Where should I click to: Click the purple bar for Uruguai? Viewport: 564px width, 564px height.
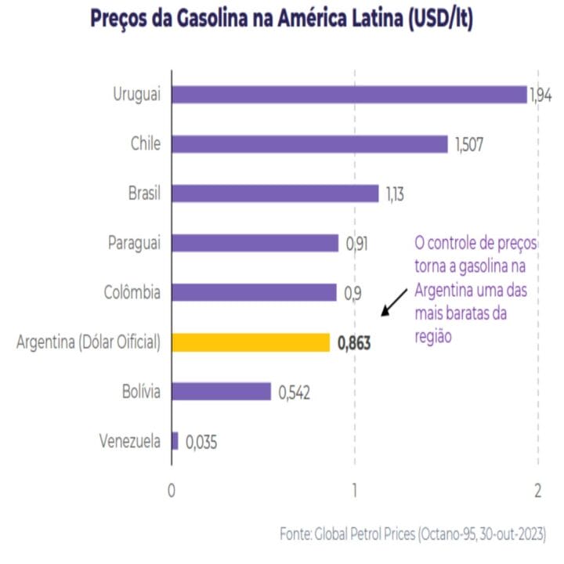point(349,95)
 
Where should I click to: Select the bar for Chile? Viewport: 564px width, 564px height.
point(309,144)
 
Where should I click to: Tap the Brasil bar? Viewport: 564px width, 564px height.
point(275,193)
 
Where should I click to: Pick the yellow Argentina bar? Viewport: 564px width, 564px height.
point(251,342)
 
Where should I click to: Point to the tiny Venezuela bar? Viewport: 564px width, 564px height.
point(175,441)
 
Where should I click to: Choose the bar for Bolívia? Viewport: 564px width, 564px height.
point(221,392)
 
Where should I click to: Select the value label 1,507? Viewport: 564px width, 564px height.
point(470,145)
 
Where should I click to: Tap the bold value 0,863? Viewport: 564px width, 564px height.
point(354,342)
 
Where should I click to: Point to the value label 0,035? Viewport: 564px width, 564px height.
point(201,442)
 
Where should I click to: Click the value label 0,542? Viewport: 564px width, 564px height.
point(295,392)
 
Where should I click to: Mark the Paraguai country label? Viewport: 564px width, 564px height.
point(134,243)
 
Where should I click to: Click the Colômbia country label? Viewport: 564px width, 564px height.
point(132,292)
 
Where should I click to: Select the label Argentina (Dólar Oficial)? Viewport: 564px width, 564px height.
point(88,342)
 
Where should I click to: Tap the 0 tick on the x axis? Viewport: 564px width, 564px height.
point(172,491)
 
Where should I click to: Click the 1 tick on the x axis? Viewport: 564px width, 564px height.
point(355,491)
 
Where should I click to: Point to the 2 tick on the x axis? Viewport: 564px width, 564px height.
point(538,491)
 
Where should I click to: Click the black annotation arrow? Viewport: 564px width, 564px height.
point(394,301)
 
